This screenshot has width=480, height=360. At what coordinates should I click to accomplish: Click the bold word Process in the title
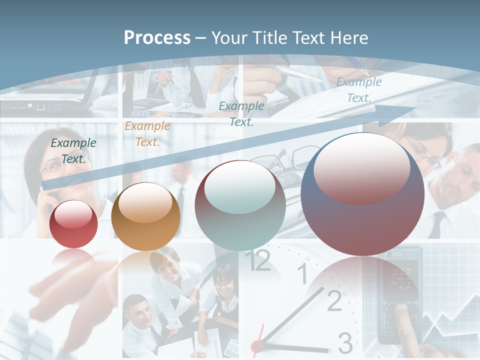157,37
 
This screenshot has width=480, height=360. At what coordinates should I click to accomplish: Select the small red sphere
74,223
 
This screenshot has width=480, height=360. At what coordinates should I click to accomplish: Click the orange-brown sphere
145,216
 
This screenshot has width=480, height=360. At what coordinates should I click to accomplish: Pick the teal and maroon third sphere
240,205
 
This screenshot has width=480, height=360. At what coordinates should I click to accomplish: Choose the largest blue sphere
362,194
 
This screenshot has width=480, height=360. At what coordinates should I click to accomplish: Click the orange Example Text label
147,134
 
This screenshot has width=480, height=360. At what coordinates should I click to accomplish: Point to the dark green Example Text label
73,151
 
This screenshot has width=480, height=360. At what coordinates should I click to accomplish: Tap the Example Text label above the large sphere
358,90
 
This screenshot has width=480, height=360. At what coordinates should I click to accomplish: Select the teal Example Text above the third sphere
241,113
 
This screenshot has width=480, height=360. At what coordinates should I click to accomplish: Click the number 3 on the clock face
345,343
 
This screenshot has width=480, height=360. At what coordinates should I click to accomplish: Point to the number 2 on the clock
334,300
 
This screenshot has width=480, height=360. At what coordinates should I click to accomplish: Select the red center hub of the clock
257,345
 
